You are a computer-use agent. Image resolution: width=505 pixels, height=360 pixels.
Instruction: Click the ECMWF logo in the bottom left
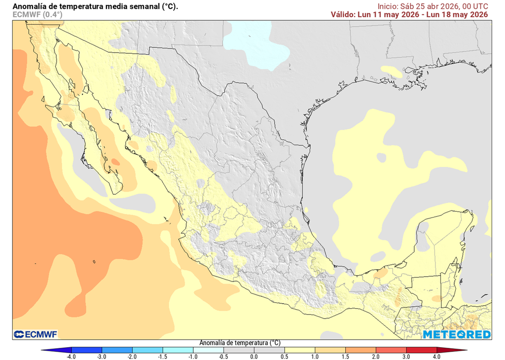(x=36, y=334)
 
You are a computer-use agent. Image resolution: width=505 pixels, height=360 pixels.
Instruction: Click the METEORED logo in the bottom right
(x=456, y=334)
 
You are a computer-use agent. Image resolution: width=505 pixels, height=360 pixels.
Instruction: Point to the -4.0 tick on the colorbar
(x=71, y=356)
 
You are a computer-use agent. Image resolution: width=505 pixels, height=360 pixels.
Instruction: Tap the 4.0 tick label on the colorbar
(x=436, y=356)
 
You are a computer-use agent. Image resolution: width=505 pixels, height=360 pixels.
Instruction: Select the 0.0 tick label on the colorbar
(x=253, y=356)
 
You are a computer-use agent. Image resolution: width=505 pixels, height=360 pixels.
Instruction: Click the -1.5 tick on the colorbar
(x=162, y=356)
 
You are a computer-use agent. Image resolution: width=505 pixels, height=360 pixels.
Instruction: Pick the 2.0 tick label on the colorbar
(x=375, y=356)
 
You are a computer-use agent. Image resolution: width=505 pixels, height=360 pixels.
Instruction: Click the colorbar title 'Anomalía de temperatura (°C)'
(x=240, y=342)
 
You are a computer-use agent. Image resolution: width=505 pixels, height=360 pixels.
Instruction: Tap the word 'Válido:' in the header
(x=343, y=14)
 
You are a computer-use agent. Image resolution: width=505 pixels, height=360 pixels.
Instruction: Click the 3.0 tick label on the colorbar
(x=406, y=356)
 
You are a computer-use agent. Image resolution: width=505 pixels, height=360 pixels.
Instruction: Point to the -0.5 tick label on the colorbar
(x=223, y=356)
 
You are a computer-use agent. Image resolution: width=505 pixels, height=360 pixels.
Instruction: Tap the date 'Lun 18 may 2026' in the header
(x=459, y=14)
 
